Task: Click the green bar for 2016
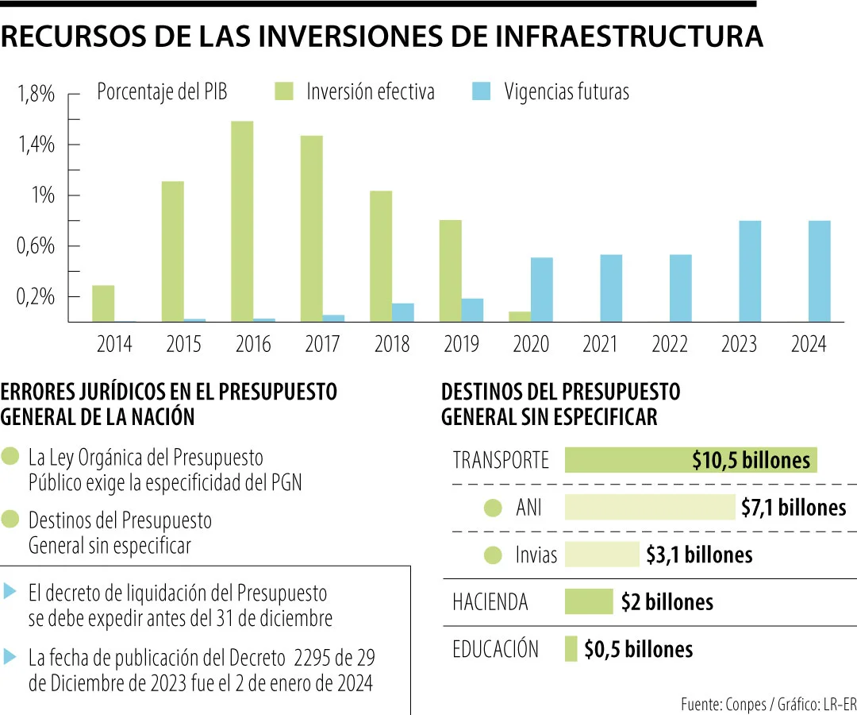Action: tap(242, 222)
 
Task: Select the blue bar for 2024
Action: tap(820, 271)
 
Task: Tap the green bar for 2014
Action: tap(103, 303)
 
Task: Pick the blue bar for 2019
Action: tap(473, 310)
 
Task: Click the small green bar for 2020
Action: tap(520, 316)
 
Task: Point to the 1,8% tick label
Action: tap(36, 95)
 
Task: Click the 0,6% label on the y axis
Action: tap(36, 246)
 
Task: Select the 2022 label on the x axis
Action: tap(670, 345)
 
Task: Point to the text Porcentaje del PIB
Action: tap(162, 92)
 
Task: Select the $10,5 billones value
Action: tap(751, 460)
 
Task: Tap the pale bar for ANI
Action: tap(650, 508)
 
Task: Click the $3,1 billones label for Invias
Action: tap(698, 555)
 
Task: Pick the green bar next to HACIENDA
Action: tap(589, 601)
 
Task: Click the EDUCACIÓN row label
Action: tap(495, 649)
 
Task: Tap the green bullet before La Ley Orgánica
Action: tap(11, 458)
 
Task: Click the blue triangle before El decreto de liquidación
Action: tap(10, 591)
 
